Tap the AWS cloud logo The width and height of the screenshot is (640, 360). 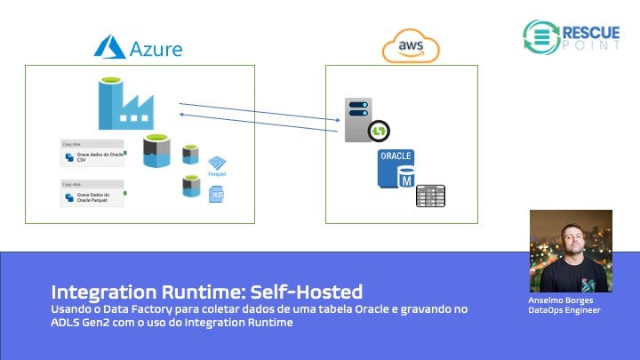point(411,46)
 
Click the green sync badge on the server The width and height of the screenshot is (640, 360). point(379,131)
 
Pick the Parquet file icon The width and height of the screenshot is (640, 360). point(218,164)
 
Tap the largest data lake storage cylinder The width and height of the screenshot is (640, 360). point(156,150)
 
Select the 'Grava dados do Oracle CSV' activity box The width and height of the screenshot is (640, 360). point(93,156)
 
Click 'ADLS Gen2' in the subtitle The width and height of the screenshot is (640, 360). point(83,323)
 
